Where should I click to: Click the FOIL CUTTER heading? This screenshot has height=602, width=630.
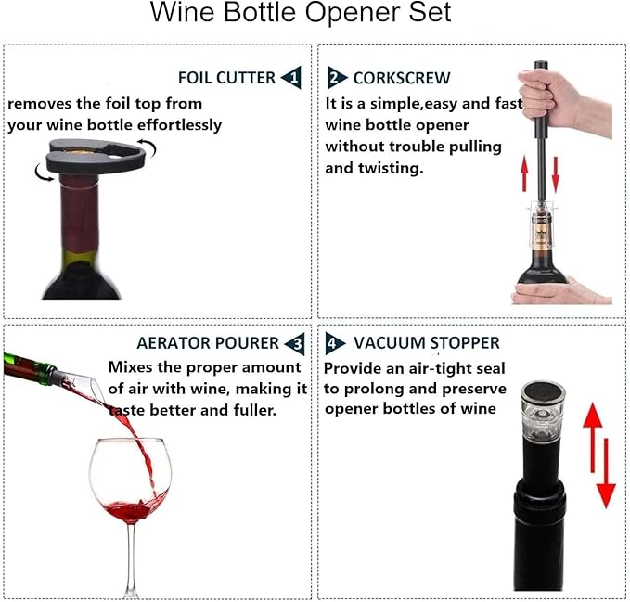tap(226, 77)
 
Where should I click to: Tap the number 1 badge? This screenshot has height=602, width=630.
tap(291, 77)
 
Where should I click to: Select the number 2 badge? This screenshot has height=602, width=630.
tap(336, 77)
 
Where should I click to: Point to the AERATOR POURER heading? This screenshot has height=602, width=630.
tap(207, 343)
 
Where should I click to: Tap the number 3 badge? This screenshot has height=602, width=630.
tap(293, 344)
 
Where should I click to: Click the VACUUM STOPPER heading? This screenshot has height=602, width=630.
tap(426, 343)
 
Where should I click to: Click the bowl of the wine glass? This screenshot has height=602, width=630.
tap(130, 482)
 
